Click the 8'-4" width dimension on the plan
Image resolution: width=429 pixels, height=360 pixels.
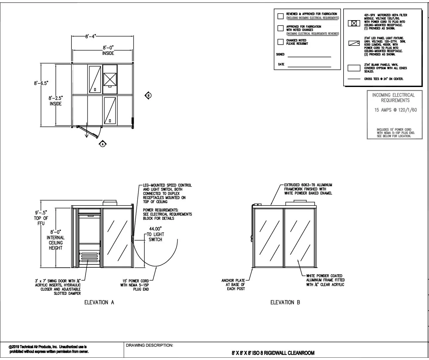(x=90, y=37)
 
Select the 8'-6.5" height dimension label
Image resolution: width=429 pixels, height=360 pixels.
(x=41, y=83)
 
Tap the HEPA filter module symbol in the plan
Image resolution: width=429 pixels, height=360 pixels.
(x=110, y=79)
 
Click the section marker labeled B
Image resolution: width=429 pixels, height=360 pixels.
(x=149, y=96)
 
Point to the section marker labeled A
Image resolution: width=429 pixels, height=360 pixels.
(x=103, y=144)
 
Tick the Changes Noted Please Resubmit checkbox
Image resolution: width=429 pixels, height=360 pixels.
(x=280, y=42)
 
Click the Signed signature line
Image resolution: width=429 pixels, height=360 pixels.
(x=309, y=57)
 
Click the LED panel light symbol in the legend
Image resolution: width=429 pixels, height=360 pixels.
(x=354, y=43)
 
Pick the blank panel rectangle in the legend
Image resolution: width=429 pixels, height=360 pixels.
(x=354, y=68)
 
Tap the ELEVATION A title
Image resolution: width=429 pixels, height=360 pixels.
(x=99, y=302)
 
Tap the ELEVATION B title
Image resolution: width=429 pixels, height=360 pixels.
(x=285, y=302)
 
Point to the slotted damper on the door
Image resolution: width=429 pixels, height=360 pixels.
(x=89, y=256)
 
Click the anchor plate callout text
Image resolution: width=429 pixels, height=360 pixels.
(x=233, y=285)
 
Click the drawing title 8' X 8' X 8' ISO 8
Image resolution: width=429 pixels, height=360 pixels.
(x=273, y=353)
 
